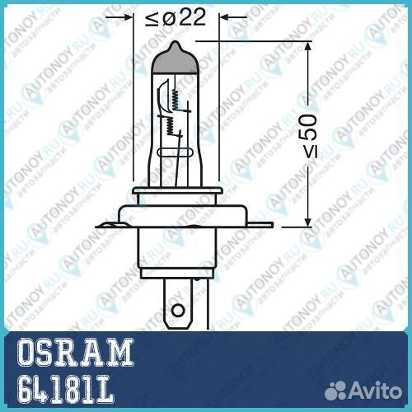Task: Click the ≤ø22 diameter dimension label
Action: click(x=176, y=18)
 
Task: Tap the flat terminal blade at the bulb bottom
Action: click(x=176, y=305)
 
